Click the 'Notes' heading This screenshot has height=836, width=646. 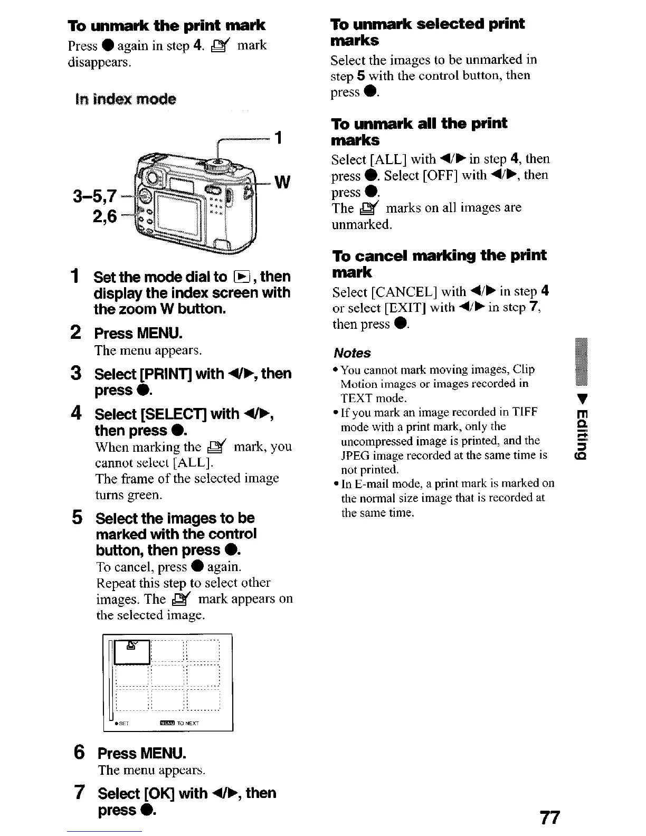click(352, 353)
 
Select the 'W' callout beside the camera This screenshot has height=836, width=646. click(282, 183)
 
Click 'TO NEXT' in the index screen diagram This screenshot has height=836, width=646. click(188, 724)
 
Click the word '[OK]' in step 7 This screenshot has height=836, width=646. click(159, 793)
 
